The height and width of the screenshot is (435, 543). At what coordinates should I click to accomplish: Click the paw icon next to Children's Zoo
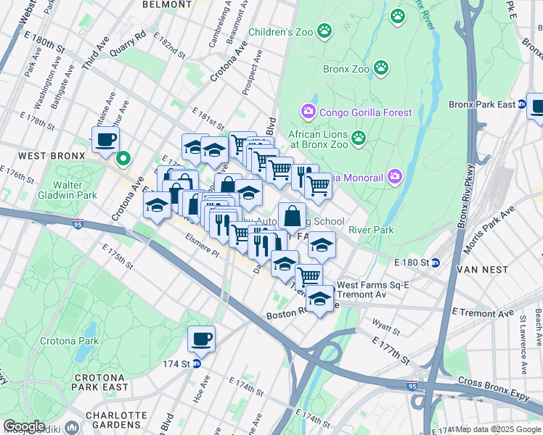point(324,31)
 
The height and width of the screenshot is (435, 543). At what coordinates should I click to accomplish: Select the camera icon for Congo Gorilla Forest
point(308,112)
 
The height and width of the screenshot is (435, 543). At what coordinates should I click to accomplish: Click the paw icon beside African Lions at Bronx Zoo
point(358,137)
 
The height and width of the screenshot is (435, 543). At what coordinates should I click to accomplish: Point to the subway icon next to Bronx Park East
point(521,104)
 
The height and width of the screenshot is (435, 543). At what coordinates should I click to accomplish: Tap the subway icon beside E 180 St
point(436,262)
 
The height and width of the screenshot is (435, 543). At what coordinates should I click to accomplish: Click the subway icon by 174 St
point(196,363)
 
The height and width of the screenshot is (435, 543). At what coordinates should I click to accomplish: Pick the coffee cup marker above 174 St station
point(202,338)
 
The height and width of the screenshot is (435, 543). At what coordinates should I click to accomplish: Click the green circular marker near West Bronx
point(123,156)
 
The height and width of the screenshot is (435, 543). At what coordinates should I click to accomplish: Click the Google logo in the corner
point(24,426)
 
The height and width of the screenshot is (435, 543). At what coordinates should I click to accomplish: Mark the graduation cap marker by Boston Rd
point(319,298)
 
